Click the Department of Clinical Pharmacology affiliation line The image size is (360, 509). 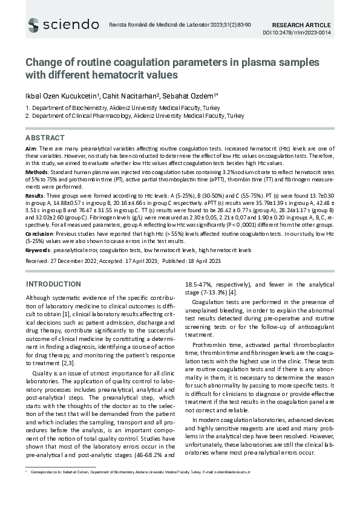click(x=134, y=115)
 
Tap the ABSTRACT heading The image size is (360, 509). click(x=45, y=138)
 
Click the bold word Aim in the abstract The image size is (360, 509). click(x=31, y=148)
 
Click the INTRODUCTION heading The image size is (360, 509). click(x=53, y=284)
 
